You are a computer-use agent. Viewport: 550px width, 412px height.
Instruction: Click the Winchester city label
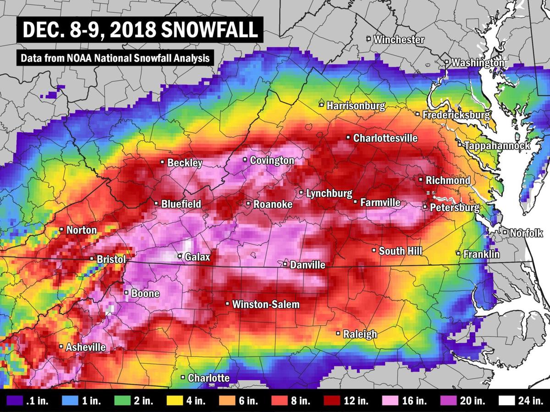(x=398, y=40)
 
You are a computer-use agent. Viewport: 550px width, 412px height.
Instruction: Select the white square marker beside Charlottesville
(x=348, y=137)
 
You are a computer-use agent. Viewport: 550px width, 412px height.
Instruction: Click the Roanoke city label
(x=273, y=205)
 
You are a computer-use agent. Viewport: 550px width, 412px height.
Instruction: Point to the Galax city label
(x=197, y=257)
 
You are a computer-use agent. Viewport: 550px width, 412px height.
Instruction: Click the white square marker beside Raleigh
(x=339, y=333)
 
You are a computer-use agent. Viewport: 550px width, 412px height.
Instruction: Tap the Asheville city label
(x=85, y=347)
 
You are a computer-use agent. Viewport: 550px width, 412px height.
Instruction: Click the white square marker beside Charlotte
(x=183, y=377)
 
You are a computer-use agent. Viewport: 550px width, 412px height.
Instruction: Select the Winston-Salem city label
(x=265, y=304)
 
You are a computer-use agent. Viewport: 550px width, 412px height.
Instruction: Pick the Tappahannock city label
(x=497, y=146)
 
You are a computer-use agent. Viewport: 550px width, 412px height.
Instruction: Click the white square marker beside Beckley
(x=162, y=162)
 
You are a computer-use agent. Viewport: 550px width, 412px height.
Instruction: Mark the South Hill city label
(x=400, y=251)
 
